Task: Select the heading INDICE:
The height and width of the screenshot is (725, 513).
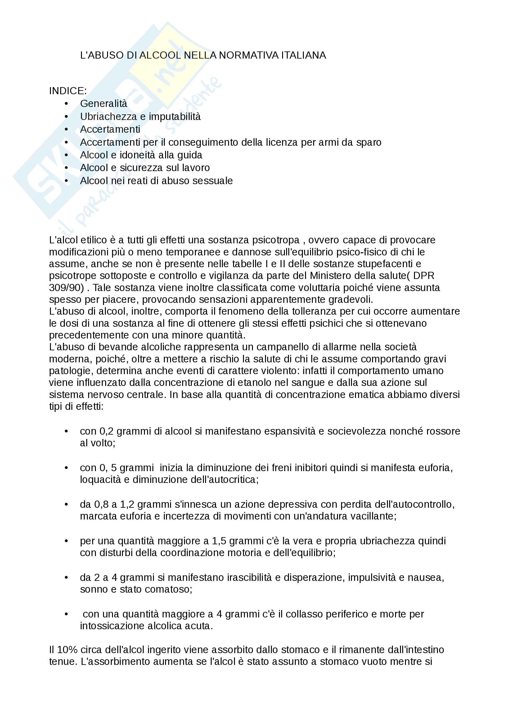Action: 68,91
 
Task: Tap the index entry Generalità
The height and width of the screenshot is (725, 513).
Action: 103,104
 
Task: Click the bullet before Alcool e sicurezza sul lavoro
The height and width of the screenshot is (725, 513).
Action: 66,168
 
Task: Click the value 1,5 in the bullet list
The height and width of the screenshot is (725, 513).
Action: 219,541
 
